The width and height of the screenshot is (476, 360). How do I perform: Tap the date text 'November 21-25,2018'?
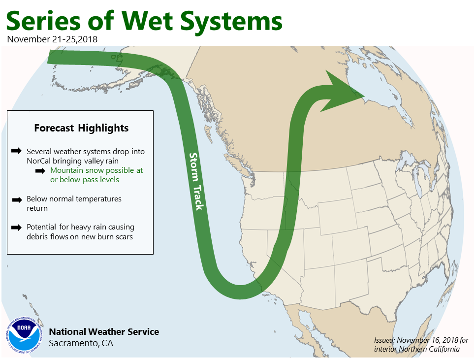(52, 39)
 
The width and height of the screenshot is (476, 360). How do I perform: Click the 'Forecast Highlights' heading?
(81, 128)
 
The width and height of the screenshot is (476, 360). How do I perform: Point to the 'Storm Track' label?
(196, 181)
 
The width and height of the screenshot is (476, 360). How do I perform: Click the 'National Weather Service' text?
(104, 331)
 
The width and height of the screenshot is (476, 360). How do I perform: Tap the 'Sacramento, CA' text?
(81, 343)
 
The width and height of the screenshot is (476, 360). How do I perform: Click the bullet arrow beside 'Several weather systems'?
(16, 151)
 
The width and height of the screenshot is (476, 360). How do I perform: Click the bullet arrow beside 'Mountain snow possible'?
(40, 171)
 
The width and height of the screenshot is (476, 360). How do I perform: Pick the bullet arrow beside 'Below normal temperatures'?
(17, 199)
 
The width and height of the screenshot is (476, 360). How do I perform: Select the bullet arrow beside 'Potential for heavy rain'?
(16, 228)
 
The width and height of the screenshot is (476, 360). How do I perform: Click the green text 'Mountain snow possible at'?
(96, 170)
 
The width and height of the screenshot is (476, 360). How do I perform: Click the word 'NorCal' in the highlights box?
(38, 161)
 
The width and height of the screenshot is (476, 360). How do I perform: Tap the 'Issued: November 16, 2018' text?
(416, 340)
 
